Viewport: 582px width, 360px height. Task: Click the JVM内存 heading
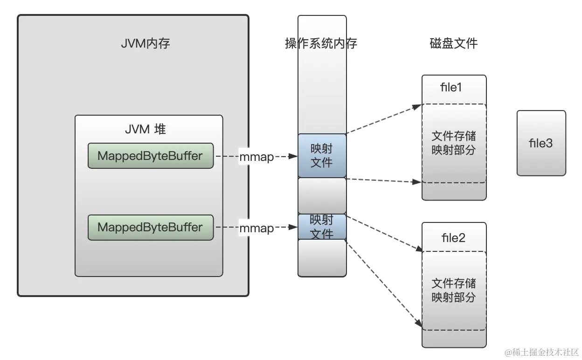145,44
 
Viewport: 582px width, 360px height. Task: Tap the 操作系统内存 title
321,44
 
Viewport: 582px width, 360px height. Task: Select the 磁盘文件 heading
453,44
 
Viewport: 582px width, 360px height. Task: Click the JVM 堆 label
145,129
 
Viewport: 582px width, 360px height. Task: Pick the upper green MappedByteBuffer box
151,156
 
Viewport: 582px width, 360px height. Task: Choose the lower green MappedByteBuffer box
151,228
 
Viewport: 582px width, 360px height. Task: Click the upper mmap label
256,157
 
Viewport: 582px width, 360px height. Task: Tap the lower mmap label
256,228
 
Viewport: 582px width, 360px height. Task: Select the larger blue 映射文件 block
322,155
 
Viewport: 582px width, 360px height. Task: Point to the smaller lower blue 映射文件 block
322,227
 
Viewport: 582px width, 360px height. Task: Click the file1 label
451,88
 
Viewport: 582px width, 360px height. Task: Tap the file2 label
453,238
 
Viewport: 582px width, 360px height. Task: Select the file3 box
541,143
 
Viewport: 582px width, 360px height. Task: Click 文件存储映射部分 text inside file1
453,143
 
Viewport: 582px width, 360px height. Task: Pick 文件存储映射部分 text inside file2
453,290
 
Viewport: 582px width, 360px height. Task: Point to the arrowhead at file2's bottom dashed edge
417,324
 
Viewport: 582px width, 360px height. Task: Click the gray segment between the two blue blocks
322,195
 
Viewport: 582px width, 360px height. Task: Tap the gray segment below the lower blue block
322,257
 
